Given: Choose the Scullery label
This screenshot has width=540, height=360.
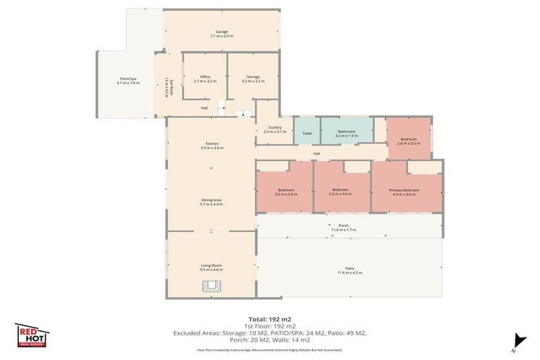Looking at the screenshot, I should (x=275, y=129).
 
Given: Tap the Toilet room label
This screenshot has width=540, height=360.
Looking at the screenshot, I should (x=307, y=132).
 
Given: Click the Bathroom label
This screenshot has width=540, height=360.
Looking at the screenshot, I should (x=347, y=132).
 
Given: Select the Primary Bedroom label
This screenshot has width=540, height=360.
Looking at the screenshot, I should (x=405, y=191).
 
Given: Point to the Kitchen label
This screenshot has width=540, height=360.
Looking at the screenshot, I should (x=212, y=146).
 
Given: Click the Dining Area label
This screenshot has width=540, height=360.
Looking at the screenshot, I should (x=211, y=202).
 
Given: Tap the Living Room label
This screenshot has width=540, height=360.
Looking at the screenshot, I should (x=211, y=267).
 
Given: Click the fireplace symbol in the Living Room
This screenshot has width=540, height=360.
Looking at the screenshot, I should (x=212, y=286).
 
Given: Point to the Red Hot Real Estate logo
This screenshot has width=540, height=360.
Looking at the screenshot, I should (x=32, y=335).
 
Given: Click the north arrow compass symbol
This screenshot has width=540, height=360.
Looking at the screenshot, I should (x=520, y=340).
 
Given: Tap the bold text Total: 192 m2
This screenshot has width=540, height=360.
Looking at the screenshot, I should (x=269, y=320).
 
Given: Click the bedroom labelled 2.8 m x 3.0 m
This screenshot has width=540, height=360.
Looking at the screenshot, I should (x=407, y=141).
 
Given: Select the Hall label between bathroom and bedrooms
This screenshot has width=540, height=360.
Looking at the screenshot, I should (x=316, y=153).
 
